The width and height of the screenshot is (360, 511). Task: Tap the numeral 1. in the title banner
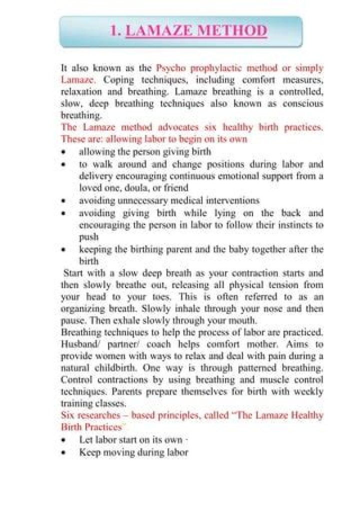(115, 31)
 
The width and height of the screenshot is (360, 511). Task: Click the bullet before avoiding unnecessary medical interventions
(63, 201)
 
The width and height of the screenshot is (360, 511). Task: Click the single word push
(88, 237)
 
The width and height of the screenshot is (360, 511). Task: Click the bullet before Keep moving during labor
(63, 453)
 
